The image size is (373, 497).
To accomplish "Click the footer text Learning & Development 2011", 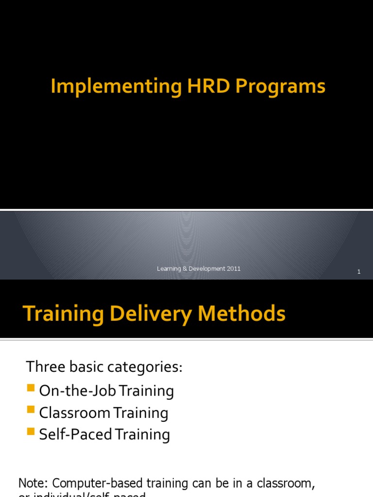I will coord(199,268).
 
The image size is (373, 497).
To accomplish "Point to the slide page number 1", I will coord(359,272).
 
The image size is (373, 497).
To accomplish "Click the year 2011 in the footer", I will coord(234,268).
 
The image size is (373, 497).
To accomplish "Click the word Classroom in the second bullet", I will coord(75,413).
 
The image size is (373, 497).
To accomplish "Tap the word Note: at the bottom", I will coord(33,483).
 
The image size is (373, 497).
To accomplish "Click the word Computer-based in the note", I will coord(89,483).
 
